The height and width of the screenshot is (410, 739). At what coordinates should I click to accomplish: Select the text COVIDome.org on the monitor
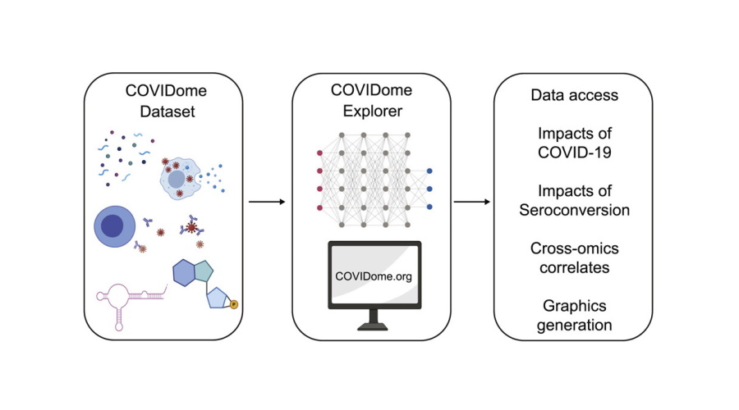tap(374, 276)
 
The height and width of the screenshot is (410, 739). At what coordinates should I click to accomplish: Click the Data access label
tap(574, 96)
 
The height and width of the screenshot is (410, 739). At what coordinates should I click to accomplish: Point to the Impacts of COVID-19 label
tap(575, 143)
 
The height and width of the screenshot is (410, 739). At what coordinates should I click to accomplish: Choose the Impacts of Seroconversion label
tap(575, 201)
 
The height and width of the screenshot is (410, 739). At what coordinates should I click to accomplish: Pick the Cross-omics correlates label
tap(575, 257)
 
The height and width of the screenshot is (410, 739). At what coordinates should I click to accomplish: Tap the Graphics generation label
tap(575, 315)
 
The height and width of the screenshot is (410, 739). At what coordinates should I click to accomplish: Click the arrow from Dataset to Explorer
tap(267, 201)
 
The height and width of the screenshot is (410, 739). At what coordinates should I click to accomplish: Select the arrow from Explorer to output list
tap(475, 201)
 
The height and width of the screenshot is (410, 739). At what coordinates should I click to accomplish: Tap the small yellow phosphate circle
tap(233, 305)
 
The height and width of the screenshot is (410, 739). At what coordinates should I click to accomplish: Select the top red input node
tap(318, 153)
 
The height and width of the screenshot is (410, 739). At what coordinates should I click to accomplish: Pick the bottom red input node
tap(318, 209)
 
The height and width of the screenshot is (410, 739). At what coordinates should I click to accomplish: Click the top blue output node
tap(429, 171)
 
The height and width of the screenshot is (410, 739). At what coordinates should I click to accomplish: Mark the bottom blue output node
tap(429, 207)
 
